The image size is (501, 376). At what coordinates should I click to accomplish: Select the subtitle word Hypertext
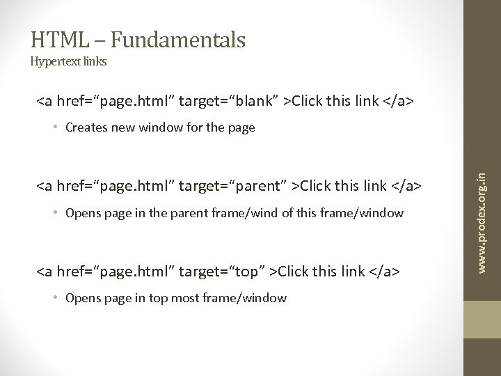[x=54, y=61]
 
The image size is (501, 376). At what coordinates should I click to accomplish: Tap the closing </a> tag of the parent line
[x=406, y=187]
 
